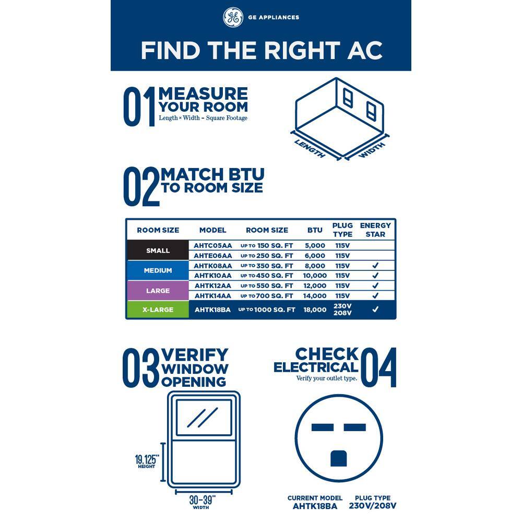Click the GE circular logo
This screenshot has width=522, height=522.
click(x=233, y=17)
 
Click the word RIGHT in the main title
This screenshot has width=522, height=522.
click(x=302, y=51)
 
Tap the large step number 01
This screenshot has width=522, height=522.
click(x=139, y=106)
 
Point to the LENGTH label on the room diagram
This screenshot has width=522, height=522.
click(x=310, y=149)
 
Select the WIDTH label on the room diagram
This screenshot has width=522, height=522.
click(x=372, y=150)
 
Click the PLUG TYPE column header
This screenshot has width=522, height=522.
click(x=342, y=230)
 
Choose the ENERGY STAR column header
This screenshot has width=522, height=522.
click(x=375, y=230)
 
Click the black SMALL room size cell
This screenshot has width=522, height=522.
click(x=158, y=250)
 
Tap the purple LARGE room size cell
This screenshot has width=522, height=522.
click(x=158, y=290)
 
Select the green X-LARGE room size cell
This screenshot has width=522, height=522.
click(x=158, y=310)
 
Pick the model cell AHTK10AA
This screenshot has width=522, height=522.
click(x=213, y=276)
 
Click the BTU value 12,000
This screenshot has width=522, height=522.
click(x=315, y=286)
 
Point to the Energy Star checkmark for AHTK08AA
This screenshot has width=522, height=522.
click(x=375, y=265)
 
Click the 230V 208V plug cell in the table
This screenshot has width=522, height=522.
click(x=342, y=309)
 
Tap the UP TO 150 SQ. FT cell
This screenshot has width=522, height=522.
click(x=267, y=246)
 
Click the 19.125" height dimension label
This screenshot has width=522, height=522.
click(x=147, y=461)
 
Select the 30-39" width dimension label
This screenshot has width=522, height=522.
click(x=202, y=502)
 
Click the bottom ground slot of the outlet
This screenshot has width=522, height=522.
click(x=339, y=458)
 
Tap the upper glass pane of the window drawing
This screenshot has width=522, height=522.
click(x=204, y=418)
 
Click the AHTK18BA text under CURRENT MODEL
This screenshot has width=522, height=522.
click(x=315, y=506)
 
